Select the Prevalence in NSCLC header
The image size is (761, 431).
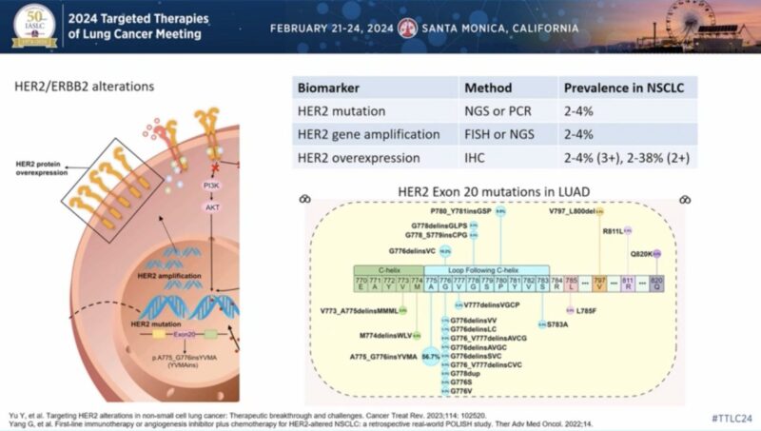point(623,88)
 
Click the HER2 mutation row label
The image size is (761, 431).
point(342,111)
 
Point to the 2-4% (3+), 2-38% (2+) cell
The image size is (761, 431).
point(628,157)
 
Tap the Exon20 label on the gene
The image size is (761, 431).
point(185,335)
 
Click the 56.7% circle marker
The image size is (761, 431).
point(431,356)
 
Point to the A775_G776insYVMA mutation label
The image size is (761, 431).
point(384,356)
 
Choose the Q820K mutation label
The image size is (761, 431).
point(643,254)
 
